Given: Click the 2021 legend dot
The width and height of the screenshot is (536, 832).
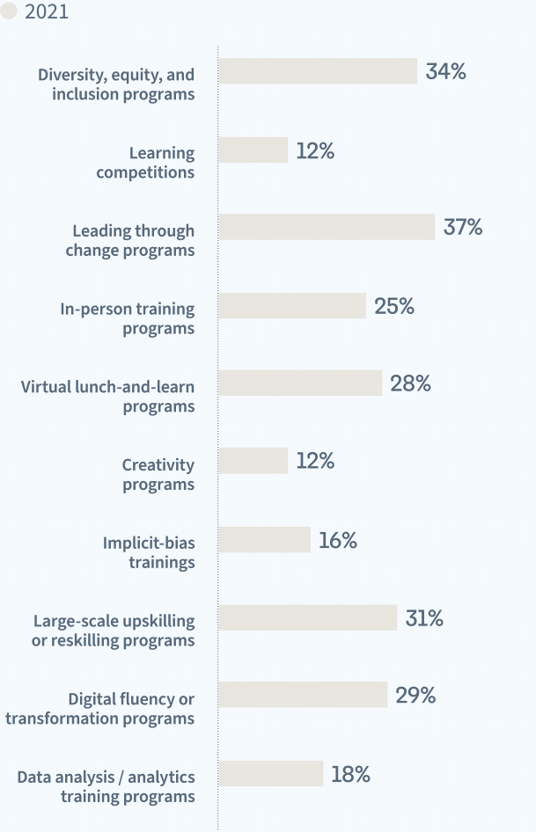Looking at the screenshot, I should (x=9, y=12).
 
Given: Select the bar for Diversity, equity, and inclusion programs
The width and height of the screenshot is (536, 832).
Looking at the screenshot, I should (x=318, y=71).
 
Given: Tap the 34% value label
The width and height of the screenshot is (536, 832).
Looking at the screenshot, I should (x=445, y=72).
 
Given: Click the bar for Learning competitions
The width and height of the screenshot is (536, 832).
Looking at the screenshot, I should (x=253, y=150).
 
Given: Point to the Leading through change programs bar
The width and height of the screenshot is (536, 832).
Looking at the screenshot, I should (x=327, y=227).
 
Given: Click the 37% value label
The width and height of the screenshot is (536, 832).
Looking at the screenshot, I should (x=463, y=228).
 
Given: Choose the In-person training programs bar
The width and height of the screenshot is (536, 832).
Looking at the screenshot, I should (x=292, y=306).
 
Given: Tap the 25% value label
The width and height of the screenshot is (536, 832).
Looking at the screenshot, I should (x=393, y=306).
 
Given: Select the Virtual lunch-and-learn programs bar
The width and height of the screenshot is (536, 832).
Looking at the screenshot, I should (x=300, y=383).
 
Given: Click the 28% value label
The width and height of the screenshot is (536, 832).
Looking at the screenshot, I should (x=410, y=383).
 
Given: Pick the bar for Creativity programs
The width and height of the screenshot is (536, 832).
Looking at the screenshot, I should (x=253, y=461).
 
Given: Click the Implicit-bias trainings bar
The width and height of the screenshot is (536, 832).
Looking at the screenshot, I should (x=265, y=540).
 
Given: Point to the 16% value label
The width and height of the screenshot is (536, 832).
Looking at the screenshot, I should (x=338, y=541).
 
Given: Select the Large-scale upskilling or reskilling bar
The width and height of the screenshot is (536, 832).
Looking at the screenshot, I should (x=308, y=617).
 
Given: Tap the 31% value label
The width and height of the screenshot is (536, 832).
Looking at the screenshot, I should (x=424, y=618).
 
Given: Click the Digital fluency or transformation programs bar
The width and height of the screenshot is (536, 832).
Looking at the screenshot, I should (x=303, y=695).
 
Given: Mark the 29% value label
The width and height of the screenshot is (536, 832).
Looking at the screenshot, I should (x=415, y=696).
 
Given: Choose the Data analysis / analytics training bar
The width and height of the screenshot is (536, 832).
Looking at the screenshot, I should (x=271, y=774).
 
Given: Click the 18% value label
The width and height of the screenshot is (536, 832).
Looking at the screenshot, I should (x=350, y=775).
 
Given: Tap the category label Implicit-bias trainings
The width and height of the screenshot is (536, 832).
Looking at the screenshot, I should (x=149, y=552).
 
